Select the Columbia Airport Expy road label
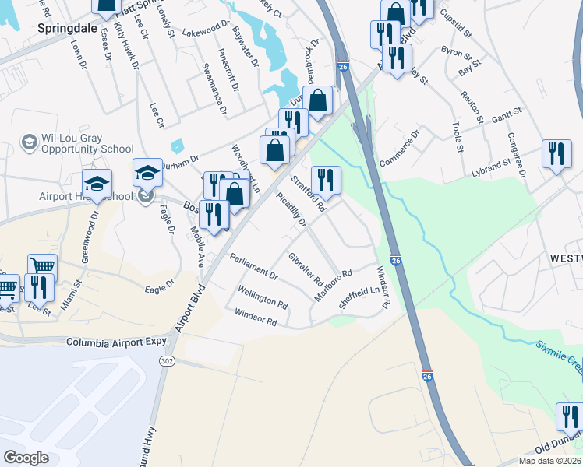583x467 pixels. [117, 342]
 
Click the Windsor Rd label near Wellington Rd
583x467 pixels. [256, 318]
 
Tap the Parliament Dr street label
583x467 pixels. [254, 265]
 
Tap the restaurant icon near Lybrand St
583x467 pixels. [556, 154]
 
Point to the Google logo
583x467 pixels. [26, 458]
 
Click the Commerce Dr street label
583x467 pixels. [399, 149]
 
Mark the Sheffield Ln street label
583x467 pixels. [353, 299]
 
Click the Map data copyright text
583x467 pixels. [550, 461]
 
